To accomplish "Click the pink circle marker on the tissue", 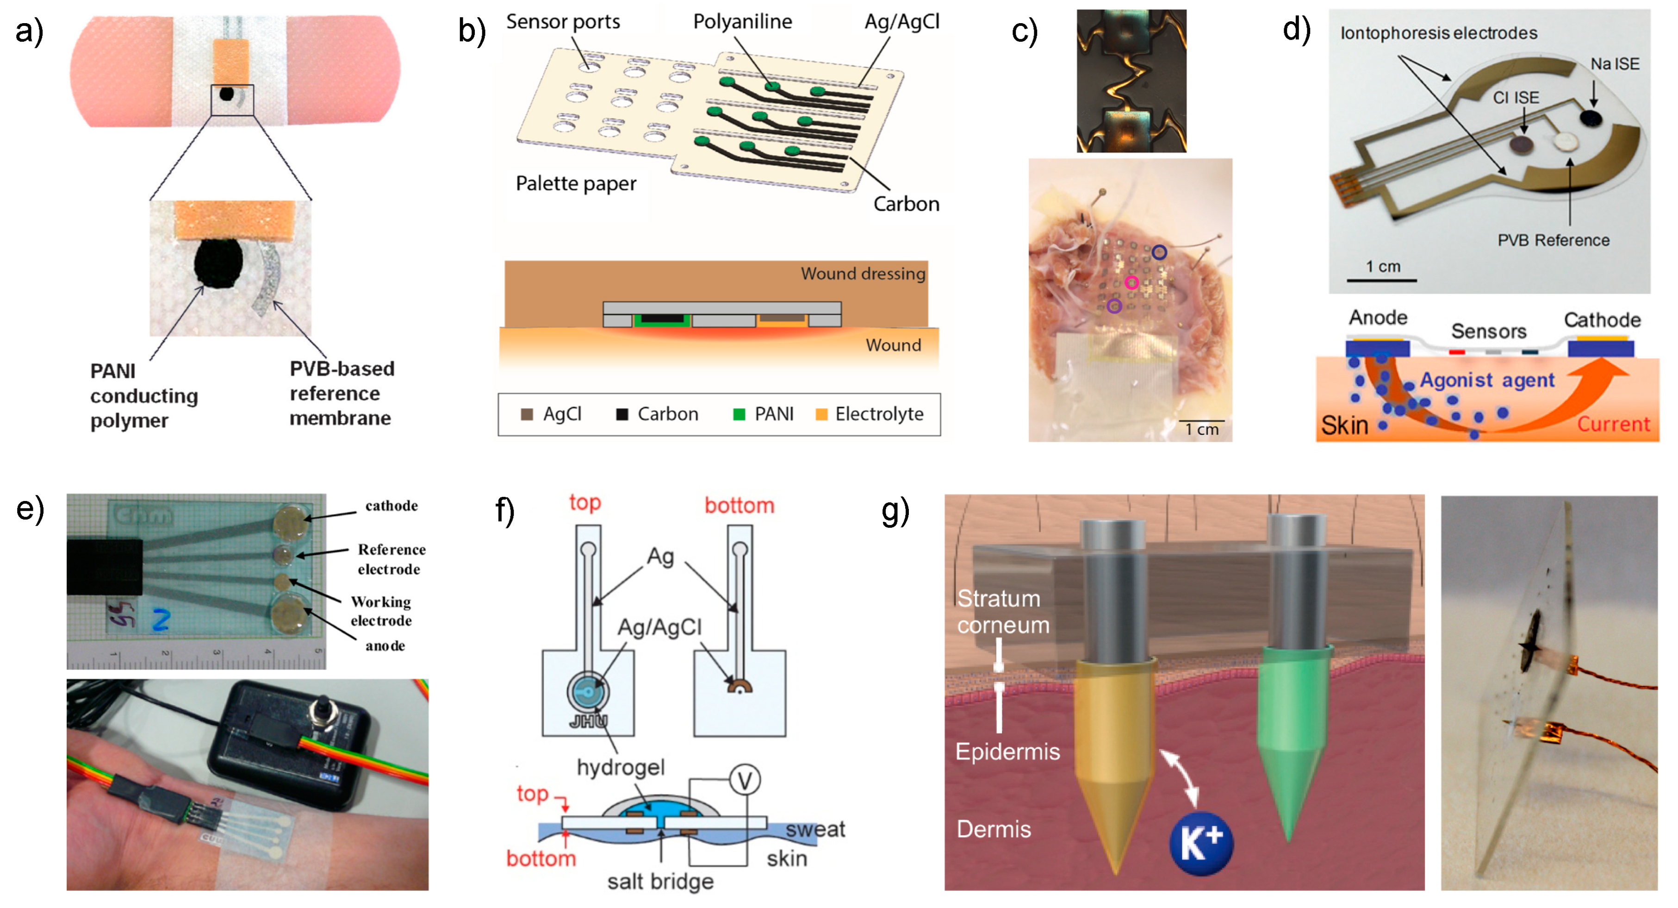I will [1131, 282].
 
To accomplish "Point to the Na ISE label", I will [1614, 64].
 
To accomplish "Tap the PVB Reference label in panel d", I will [1553, 240].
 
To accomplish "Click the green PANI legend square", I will [739, 414].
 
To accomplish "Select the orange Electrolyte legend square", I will [821, 414].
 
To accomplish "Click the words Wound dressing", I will [863, 274].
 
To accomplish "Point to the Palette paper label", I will [576, 184].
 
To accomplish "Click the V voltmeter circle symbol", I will [745, 780].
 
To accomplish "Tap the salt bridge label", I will [660, 881].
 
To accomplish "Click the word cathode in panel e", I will [392, 506].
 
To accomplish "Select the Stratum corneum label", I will [1002, 611].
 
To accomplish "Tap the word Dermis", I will [994, 829].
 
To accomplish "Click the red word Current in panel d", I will [1613, 424].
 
